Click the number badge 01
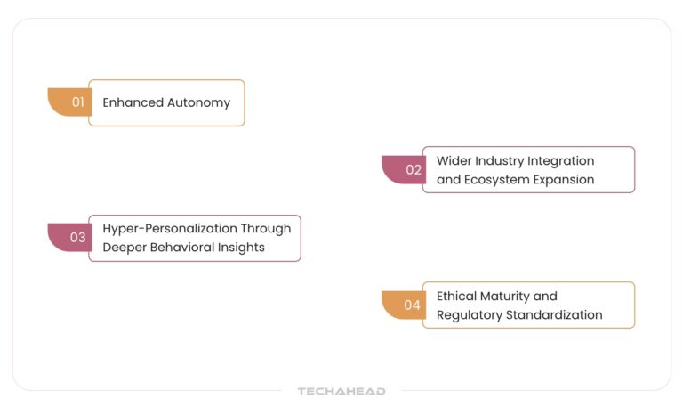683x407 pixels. click(x=77, y=102)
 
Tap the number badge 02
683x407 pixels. click(x=413, y=169)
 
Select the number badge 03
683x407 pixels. click(x=77, y=238)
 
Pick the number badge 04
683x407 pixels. click(x=412, y=305)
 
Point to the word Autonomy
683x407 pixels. click(x=199, y=102)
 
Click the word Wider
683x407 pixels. click(x=454, y=160)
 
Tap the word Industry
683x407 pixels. click(x=499, y=160)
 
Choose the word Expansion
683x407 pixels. click(x=564, y=179)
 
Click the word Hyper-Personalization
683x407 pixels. click(x=171, y=228)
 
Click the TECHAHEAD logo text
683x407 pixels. click(x=341, y=391)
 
